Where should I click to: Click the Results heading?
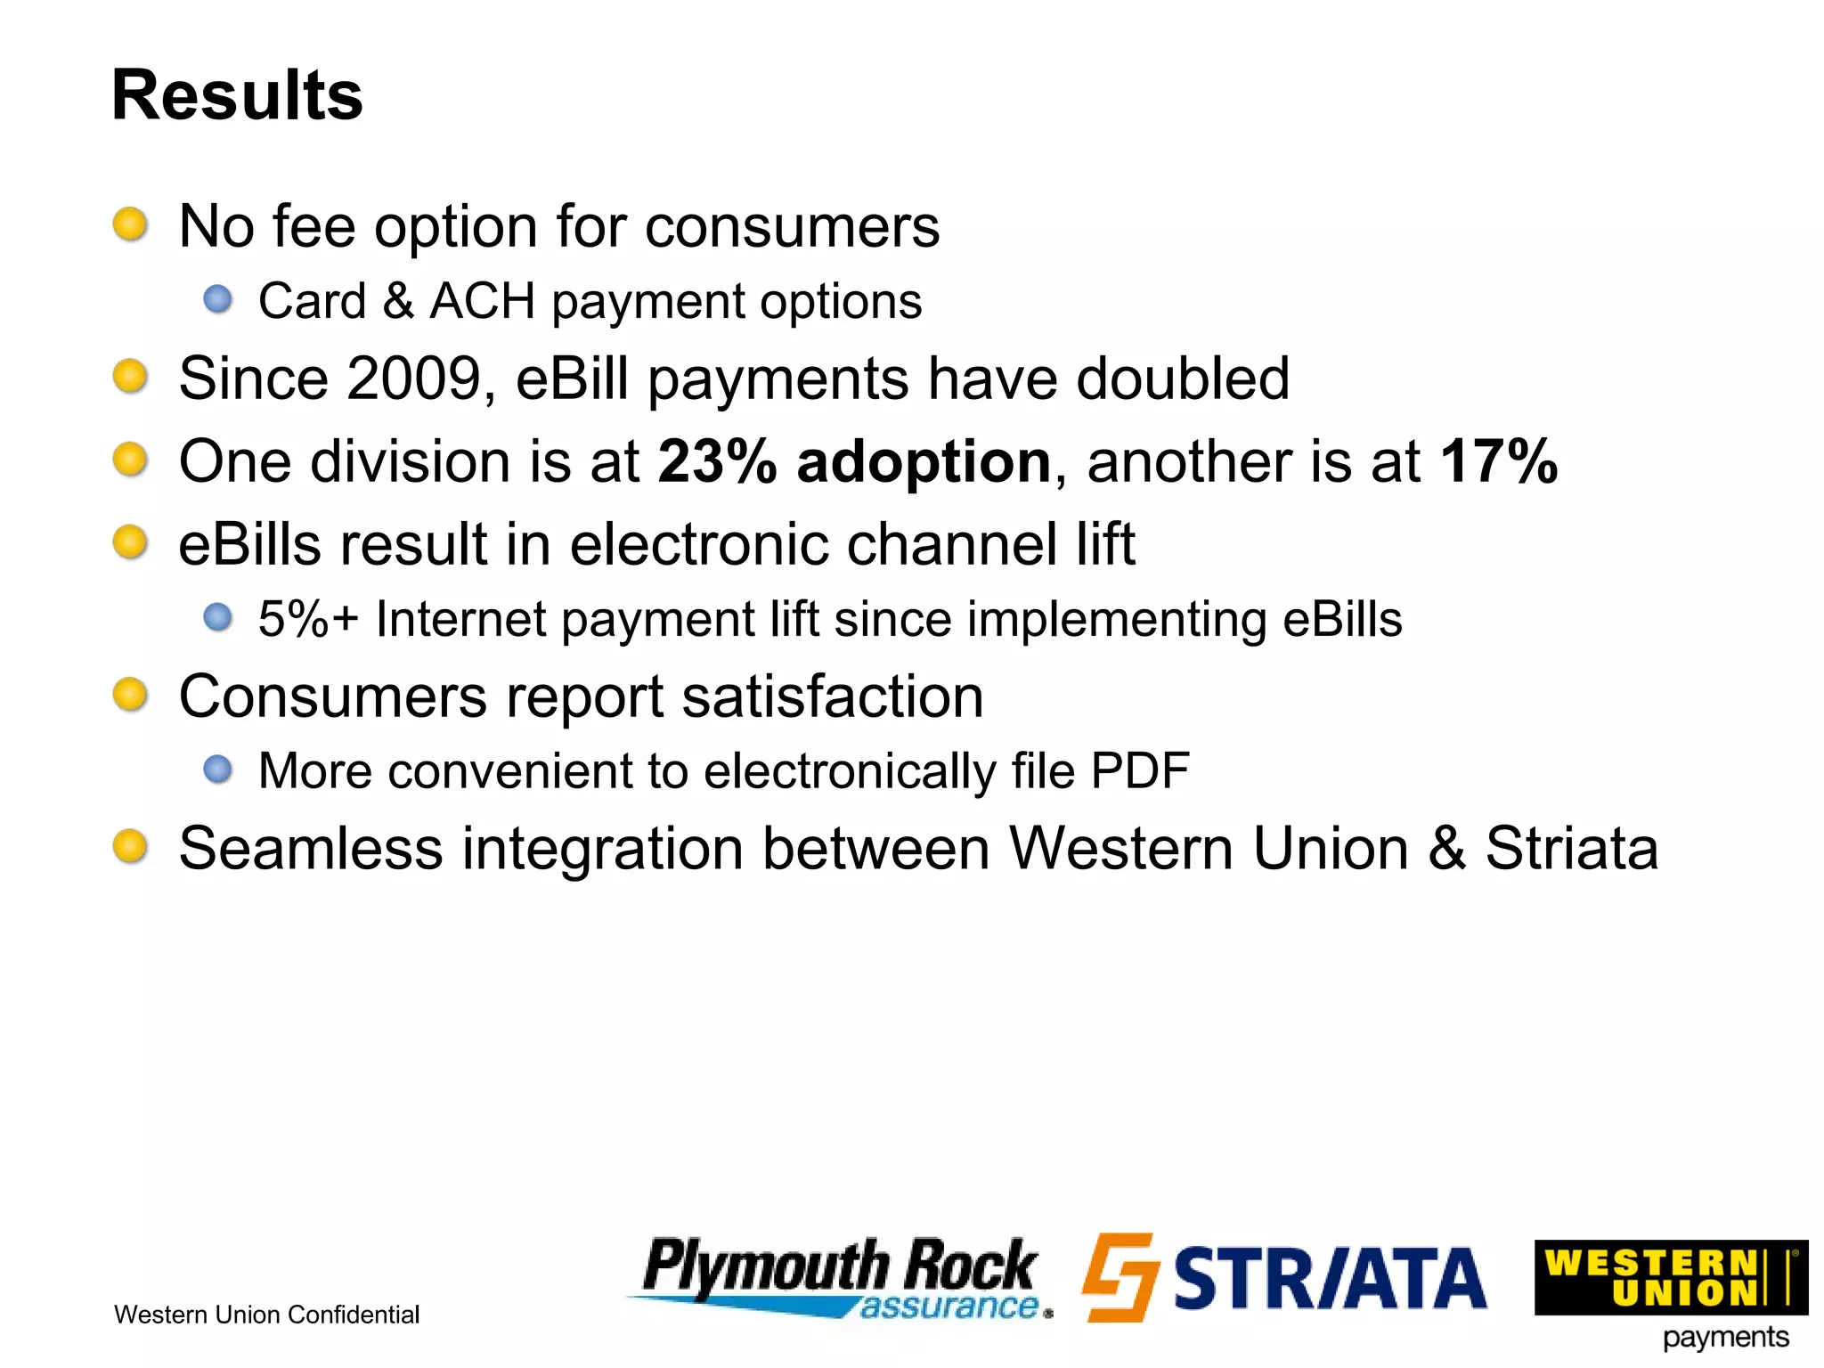pos(237,95)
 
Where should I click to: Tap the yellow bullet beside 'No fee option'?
pos(130,224)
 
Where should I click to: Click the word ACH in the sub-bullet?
pos(482,301)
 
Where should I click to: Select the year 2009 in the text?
pos(414,379)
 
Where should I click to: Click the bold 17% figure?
pos(1499,461)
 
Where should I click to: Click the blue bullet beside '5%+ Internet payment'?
pos(217,616)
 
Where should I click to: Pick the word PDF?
pos(1139,770)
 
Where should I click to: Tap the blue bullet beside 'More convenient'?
pos(217,769)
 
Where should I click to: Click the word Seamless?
pos(310,848)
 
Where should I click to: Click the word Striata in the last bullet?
pos(1571,848)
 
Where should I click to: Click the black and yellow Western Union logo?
pos(1670,1277)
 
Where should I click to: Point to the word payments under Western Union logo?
pos(1725,1338)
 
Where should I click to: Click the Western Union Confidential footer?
pos(266,1315)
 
